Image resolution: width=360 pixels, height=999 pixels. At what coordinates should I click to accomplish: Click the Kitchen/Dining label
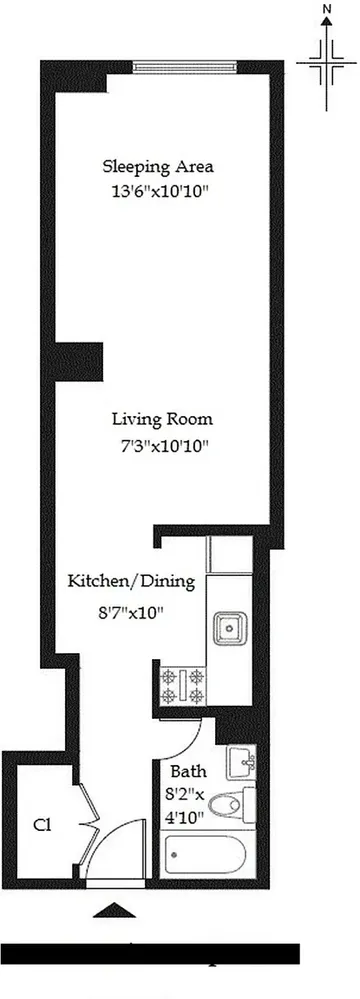pyautogui.click(x=130, y=581)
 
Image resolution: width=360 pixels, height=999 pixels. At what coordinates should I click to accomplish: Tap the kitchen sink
pyautogui.click(x=229, y=630)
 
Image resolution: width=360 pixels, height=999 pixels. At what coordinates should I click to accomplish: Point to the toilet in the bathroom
pyautogui.click(x=237, y=802)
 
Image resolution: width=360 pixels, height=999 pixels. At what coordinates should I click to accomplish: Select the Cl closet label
pyautogui.click(x=42, y=826)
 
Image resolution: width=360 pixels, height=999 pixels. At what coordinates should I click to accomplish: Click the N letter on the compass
pyautogui.click(x=327, y=9)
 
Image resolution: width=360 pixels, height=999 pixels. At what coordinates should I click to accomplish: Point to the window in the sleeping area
pyautogui.click(x=185, y=68)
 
